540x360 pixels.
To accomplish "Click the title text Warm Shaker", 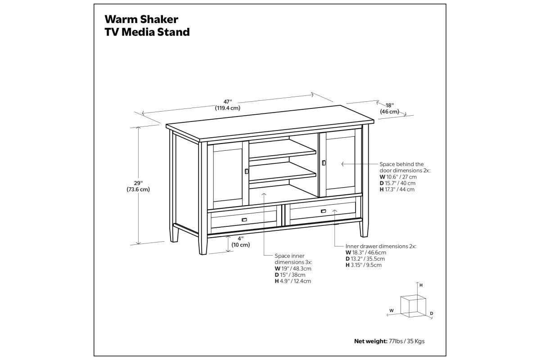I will point(141,19).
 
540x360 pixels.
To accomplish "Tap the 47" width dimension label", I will point(227,105).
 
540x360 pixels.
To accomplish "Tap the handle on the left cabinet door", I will point(246,171).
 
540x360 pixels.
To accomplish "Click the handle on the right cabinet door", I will point(324,162).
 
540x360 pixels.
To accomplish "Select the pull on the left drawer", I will point(244,220).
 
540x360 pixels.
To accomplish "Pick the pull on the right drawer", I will point(324,211).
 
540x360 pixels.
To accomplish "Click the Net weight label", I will point(370,341).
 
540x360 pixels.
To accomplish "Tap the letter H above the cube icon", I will point(421,285).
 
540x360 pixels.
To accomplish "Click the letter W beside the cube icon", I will point(391,310).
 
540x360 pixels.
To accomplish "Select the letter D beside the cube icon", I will point(431,313).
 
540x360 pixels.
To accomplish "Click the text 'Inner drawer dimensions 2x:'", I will point(381,247).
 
